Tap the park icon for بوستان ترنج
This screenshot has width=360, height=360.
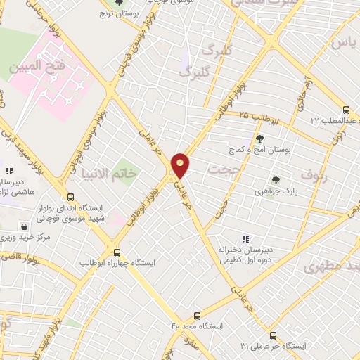tap(117, 4)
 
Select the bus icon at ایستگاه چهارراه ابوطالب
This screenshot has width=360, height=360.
tap(117, 252)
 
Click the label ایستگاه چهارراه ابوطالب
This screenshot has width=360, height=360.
tap(150, 262)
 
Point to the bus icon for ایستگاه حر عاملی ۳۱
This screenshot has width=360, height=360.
tap(273, 335)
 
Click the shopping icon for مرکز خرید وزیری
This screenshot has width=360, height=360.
tap(25, 227)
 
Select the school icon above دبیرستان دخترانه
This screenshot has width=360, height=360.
tap(245, 239)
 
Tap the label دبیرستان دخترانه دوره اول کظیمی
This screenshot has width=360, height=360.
tap(245, 255)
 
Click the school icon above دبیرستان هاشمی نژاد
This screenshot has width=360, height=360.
tap(9, 171)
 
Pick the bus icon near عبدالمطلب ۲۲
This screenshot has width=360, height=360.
tap(345, 110)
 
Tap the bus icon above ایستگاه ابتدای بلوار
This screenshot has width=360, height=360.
tap(69, 197)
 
